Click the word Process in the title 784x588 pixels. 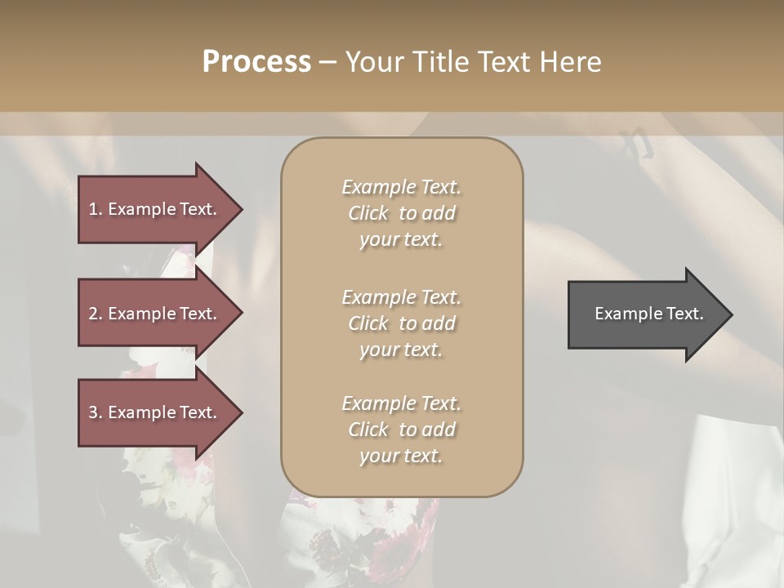click(x=256, y=61)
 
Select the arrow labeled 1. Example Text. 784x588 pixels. click(x=155, y=209)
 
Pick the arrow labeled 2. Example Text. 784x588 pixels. click(x=155, y=314)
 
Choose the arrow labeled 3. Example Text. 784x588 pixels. click(x=155, y=412)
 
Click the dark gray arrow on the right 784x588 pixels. click(x=645, y=314)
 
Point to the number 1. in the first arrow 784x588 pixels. click(x=96, y=209)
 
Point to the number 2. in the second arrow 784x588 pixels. click(x=96, y=314)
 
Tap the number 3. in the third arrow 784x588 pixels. click(x=96, y=412)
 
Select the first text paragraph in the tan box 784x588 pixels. click(x=401, y=213)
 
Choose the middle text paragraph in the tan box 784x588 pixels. click(x=401, y=323)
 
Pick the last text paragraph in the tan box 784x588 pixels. click(x=401, y=430)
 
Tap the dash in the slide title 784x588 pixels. click(x=327, y=62)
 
